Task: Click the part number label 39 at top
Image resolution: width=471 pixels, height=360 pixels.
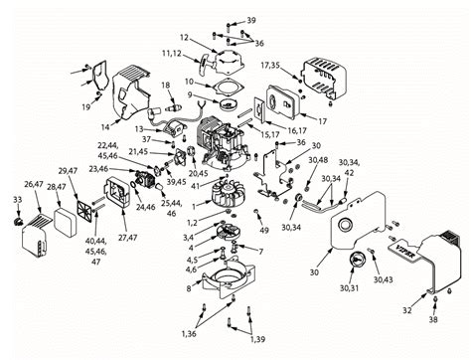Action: [250, 21]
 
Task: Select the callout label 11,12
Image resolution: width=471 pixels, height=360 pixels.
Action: [171, 51]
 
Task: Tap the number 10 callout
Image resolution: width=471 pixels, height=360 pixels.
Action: [189, 81]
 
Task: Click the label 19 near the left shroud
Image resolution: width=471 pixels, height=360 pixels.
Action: [86, 104]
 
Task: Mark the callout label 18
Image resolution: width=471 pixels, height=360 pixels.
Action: [167, 87]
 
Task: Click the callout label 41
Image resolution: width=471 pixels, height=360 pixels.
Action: [193, 186]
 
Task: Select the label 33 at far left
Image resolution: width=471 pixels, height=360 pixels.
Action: [17, 200]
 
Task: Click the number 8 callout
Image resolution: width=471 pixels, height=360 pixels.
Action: [189, 288]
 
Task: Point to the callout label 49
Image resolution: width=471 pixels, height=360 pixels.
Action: [263, 231]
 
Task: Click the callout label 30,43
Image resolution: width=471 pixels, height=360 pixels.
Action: [383, 279]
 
